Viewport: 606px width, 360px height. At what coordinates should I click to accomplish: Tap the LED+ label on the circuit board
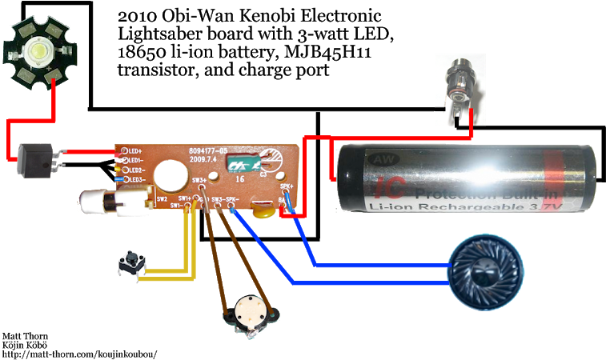134,150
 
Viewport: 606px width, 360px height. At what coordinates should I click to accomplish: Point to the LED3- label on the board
134,180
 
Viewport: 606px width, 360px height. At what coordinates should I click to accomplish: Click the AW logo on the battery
376,159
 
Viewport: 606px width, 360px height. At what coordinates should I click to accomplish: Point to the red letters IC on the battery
386,190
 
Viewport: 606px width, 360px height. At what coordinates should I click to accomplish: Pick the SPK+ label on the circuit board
286,186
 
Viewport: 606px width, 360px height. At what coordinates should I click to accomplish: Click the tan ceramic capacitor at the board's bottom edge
263,210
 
